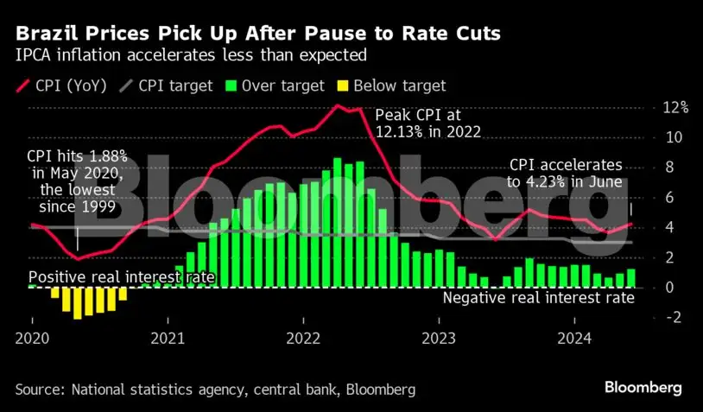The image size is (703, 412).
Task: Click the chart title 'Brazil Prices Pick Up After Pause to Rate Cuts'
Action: coord(257,34)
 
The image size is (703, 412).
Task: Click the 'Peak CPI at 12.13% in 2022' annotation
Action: coord(427,124)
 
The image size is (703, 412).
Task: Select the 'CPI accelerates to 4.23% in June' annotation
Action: coord(565,172)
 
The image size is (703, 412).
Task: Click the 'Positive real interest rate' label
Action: coord(122,278)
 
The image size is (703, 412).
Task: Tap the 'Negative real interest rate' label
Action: coord(539,298)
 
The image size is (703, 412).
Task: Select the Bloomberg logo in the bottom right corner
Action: coord(643,387)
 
